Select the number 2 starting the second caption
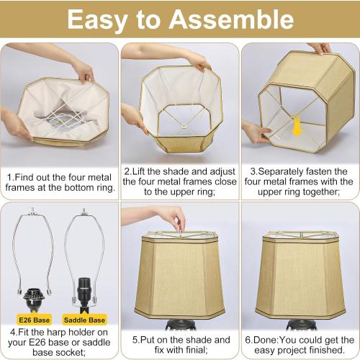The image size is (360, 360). (x=127, y=171)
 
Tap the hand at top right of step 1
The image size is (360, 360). (x=81, y=70)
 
